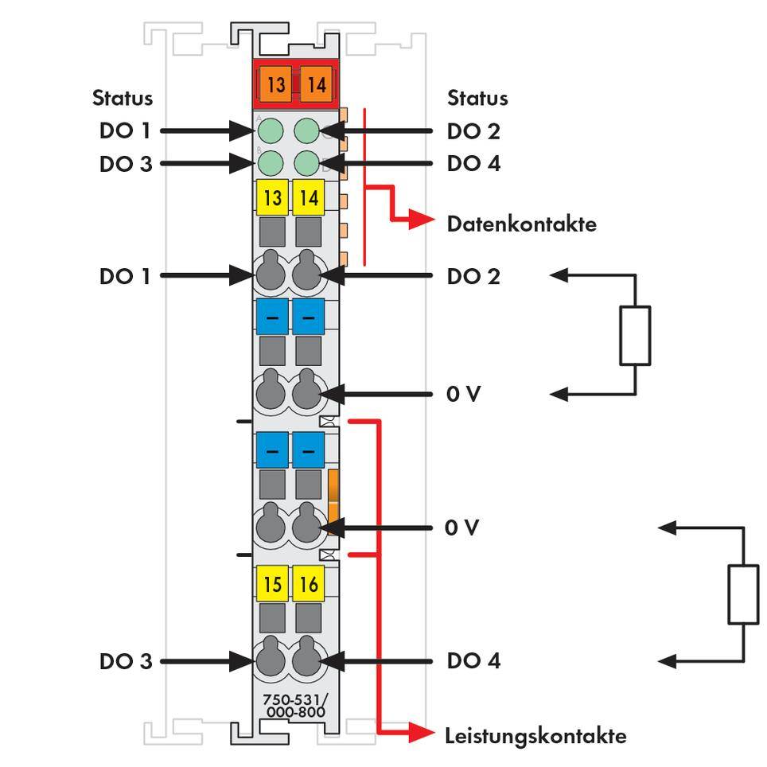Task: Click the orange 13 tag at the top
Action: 275,84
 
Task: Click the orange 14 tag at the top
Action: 317,84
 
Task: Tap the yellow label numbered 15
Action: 272,585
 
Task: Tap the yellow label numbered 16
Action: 309,585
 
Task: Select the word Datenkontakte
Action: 521,224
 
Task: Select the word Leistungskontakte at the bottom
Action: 535,735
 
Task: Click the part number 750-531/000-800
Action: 294,707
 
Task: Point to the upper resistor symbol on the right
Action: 634,335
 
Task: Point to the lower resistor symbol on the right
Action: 743,594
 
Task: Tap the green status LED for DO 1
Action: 271,130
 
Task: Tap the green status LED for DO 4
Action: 307,163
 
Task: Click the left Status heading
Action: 122,99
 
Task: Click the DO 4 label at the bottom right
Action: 473,660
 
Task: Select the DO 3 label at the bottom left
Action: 126,660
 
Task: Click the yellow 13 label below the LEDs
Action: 272,197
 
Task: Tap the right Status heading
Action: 477,99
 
